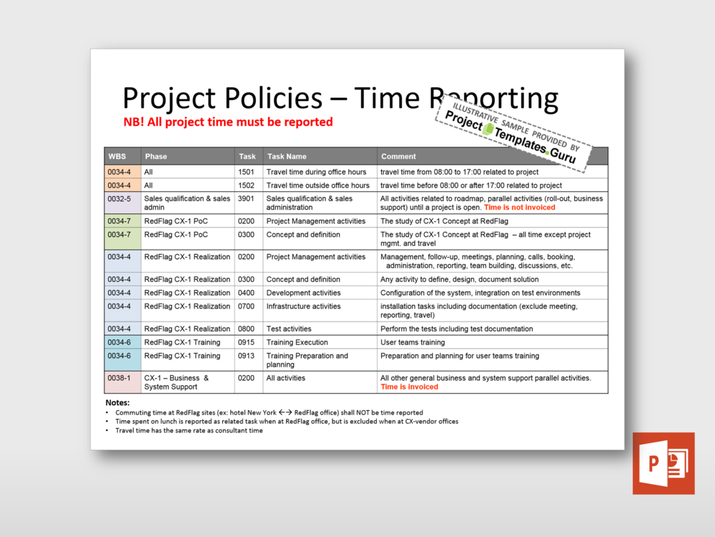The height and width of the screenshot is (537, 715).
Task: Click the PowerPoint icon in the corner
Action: click(663, 463)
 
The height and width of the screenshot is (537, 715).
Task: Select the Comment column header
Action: click(398, 156)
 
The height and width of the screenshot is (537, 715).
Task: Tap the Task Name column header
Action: click(286, 156)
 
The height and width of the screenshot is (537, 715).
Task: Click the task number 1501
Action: click(246, 172)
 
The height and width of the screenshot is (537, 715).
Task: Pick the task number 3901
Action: click(246, 199)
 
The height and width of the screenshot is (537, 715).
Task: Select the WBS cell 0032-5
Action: click(119, 199)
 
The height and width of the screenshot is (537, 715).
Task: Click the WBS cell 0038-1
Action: click(119, 378)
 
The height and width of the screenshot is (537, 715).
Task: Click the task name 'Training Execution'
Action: click(297, 342)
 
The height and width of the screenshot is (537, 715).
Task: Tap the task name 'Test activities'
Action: click(289, 329)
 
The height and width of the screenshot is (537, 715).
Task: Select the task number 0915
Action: click(246, 342)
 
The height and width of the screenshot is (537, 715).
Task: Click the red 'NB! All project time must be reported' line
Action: click(228, 122)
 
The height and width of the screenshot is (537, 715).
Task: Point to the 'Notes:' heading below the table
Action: click(117, 403)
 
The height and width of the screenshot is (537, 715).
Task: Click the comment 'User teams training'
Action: click(413, 342)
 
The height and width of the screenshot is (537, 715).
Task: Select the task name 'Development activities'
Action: click(304, 293)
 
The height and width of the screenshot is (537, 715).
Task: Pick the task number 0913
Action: click(246, 356)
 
